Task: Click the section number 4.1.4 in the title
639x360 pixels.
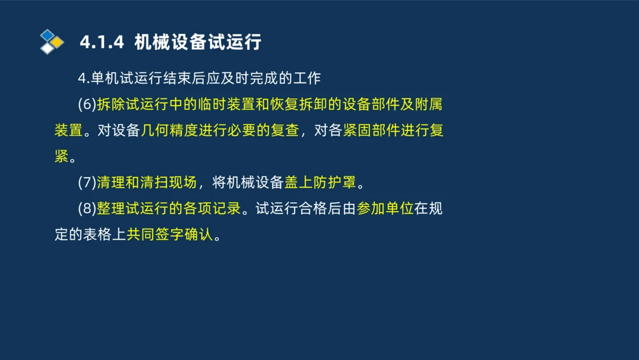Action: tap(102, 43)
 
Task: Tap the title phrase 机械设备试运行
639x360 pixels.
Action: tap(198, 43)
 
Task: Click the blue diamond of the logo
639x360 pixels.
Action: tap(47, 35)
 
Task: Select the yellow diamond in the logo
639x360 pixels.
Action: tap(58, 42)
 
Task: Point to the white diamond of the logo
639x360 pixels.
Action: tap(47, 49)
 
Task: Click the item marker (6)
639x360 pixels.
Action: tap(87, 104)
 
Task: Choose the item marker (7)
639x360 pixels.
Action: tap(87, 182)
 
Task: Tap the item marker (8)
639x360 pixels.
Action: tap(87, 208)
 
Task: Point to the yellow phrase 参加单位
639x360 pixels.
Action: tap(385, 208)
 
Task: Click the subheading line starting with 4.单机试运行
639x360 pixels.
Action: tap(199, 79)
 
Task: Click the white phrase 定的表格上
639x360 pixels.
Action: tap(90, 235)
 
